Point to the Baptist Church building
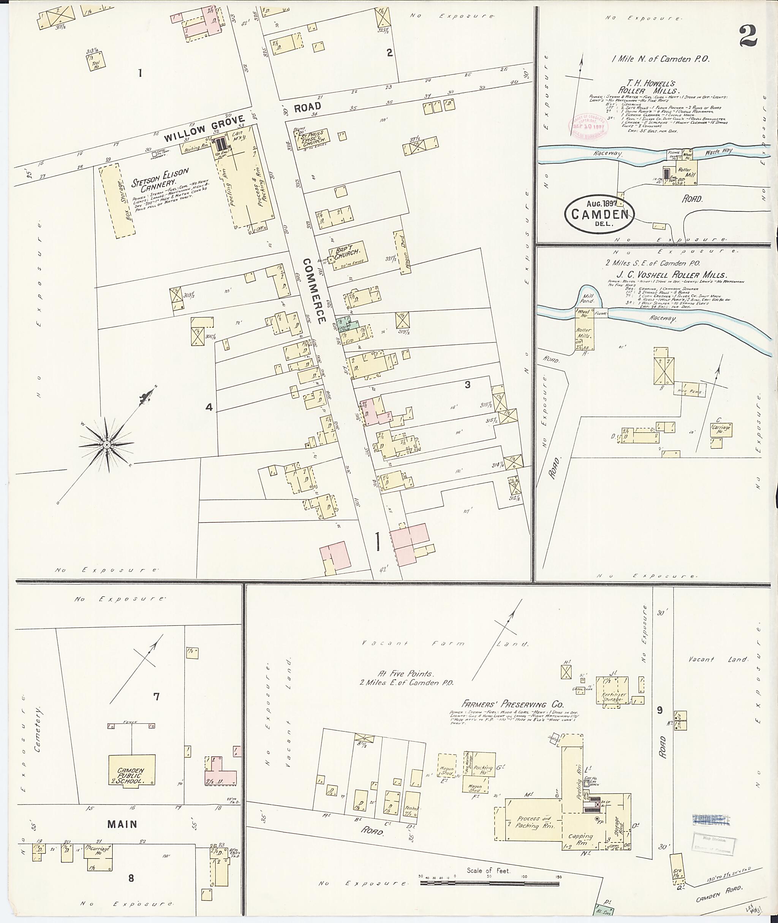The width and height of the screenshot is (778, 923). [x=350, y=255]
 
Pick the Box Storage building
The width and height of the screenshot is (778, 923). [x=117, y=201]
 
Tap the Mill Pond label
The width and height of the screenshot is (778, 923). [x=587, y=298]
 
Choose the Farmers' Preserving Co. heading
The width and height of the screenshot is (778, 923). [x=513, y=705]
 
